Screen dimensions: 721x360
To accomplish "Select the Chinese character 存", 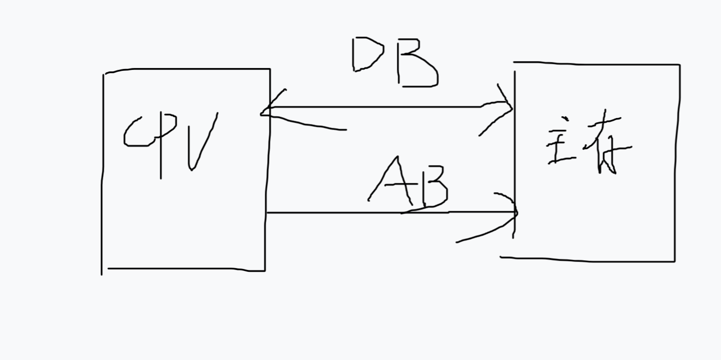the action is click(606, 145).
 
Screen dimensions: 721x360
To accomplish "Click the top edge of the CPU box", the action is click(187, 69).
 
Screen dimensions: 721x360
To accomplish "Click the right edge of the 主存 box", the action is click(677, 163).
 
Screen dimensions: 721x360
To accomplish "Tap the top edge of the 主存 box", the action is click(597, 63).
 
